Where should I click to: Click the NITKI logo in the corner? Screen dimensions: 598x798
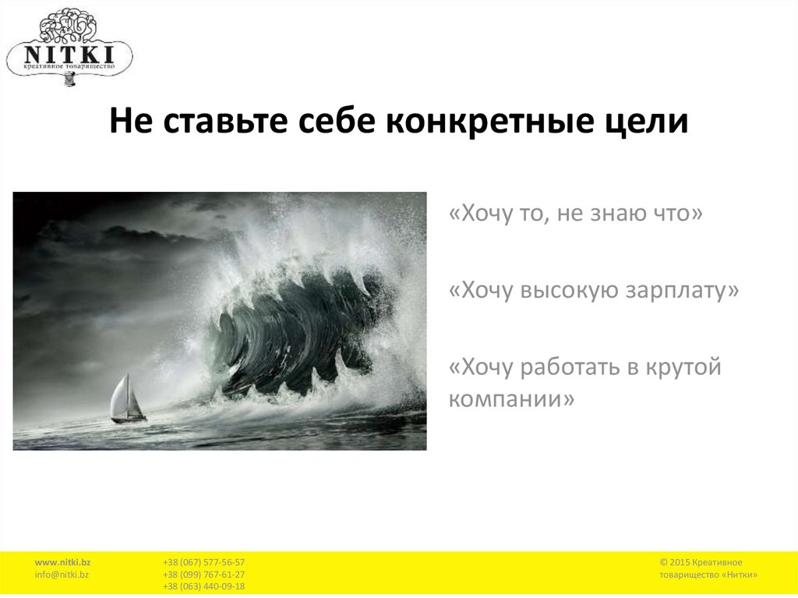click(69, 44)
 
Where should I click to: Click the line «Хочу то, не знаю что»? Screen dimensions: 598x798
click(576, 212)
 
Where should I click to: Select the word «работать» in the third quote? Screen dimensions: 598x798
click(574, 367)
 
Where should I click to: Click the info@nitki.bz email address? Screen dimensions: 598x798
click(62, 575)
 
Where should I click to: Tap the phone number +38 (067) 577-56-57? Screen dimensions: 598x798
click(203, 562)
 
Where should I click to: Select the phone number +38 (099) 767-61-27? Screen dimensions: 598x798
click(203, 575)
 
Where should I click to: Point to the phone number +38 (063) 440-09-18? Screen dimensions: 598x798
click(203, 586)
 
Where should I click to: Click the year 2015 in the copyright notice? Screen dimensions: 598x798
click(679, 562)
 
